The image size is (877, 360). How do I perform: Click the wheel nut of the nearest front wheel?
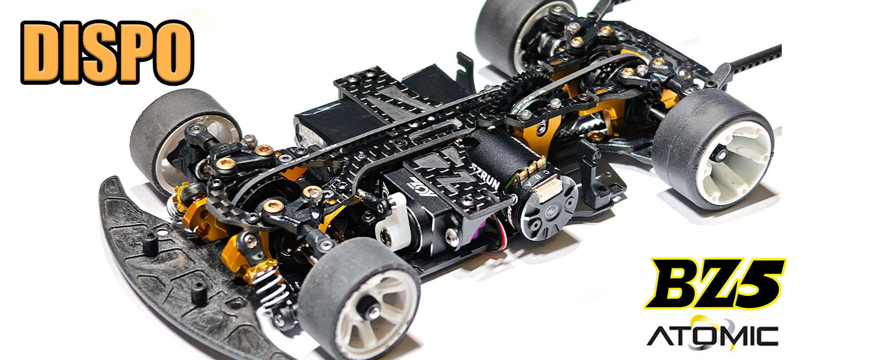370,312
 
